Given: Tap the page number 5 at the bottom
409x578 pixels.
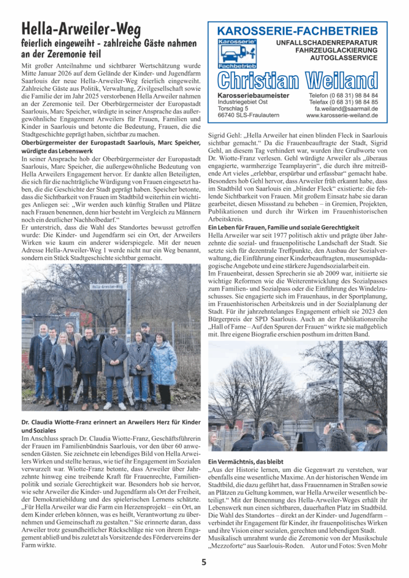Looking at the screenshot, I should click(204, 562).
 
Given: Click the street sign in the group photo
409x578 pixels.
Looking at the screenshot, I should click(107, 287).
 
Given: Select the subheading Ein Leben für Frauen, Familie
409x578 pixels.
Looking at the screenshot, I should click(283, 226).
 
